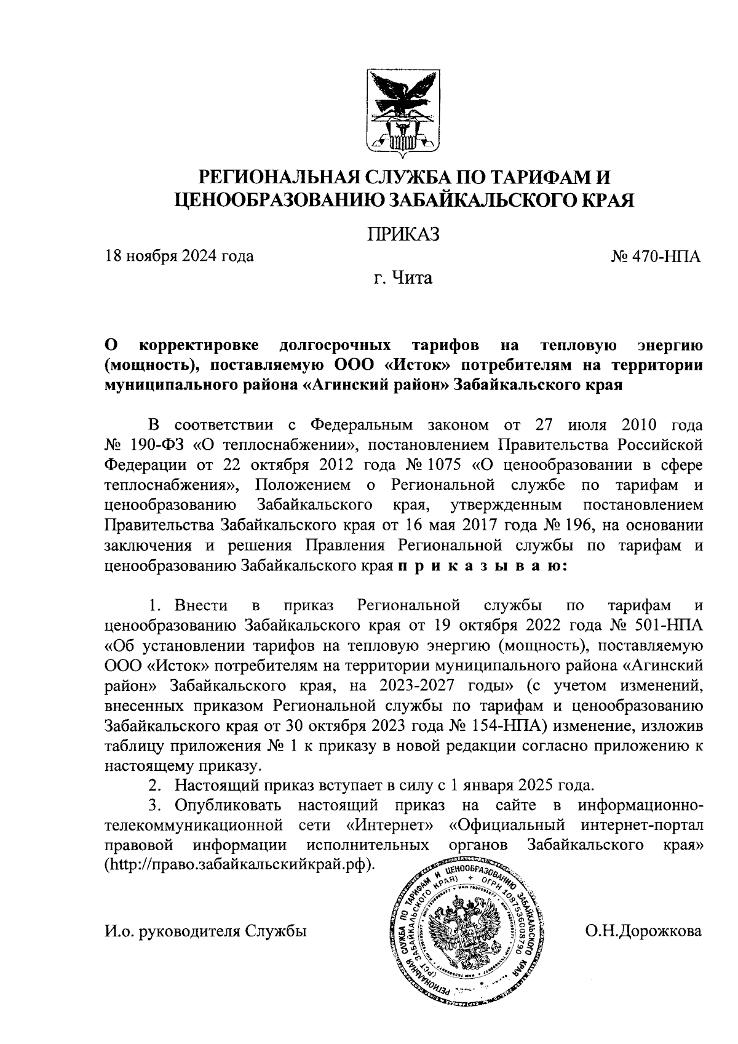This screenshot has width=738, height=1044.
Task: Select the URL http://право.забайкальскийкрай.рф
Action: click(240, 863)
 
